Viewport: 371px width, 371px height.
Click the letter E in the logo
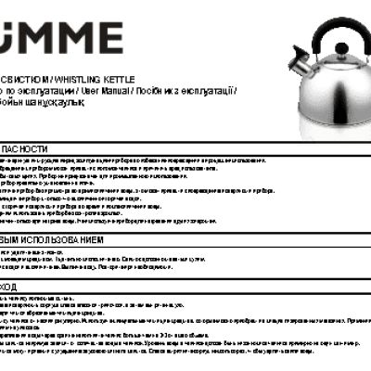point(109,38)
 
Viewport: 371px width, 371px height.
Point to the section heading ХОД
point(9,288)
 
